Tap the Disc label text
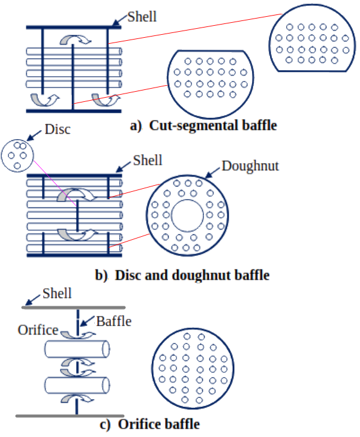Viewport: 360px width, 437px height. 58,129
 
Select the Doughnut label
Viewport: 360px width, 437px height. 250,165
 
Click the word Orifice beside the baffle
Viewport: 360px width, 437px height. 38,330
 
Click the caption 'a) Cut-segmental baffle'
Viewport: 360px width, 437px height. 204,126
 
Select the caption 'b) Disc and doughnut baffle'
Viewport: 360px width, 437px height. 182,276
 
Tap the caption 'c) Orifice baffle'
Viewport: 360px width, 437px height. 150,425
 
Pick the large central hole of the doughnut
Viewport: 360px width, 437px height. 188,216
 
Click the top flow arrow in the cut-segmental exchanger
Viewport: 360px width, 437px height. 75,40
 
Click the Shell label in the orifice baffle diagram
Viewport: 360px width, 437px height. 57,294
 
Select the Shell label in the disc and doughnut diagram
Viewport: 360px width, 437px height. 148,160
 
